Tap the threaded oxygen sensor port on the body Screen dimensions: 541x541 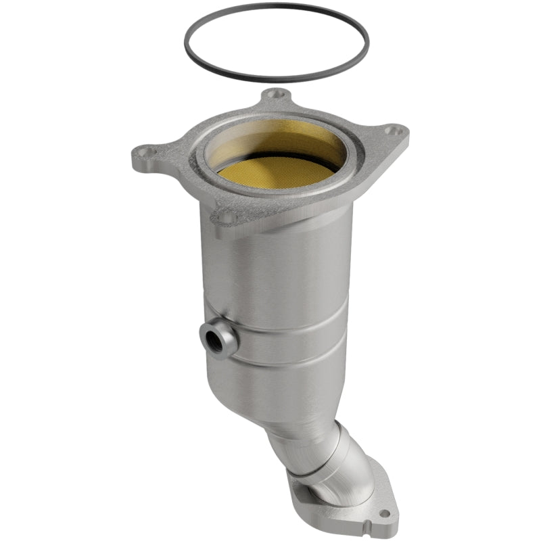215,334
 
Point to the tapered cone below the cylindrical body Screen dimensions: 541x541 284,399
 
